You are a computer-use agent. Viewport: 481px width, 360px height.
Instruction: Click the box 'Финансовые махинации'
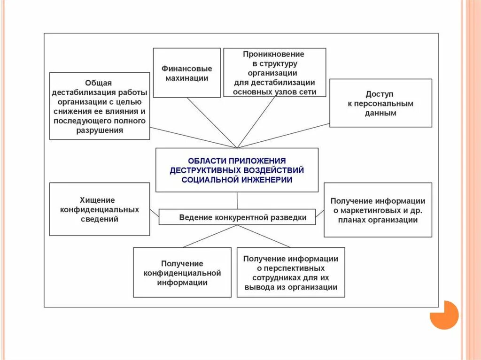click(x=186, y=73)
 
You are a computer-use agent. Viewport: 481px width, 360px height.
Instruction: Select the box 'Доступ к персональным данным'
click(x=380, y=103)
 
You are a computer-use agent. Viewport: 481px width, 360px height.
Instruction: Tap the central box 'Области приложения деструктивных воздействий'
click(x=237, y=170)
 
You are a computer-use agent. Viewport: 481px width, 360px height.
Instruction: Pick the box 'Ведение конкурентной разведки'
click(x=237, y=217)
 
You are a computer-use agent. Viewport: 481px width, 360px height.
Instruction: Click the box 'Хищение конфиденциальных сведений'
click(x=100, y=209)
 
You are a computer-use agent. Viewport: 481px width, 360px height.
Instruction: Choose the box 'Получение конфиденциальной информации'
click(x=182, y=272)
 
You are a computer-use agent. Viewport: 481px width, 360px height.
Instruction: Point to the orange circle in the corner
click(x=443, y=315)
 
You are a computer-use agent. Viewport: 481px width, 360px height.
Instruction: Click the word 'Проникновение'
click(x=274, y=54)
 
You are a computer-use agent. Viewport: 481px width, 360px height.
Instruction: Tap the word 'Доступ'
click(x=380, y=94)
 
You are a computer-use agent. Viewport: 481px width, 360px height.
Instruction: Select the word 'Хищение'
click(x=100, y=200)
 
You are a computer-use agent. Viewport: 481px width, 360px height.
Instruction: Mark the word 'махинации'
click(x=186, y=78)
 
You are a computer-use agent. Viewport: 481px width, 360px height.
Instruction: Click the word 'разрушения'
click(x=100, y=130)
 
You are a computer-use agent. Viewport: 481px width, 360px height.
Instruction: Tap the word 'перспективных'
click(x=291, y=268)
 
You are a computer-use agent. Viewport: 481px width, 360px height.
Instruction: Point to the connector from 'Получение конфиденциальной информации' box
click(x=207, y=237)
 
